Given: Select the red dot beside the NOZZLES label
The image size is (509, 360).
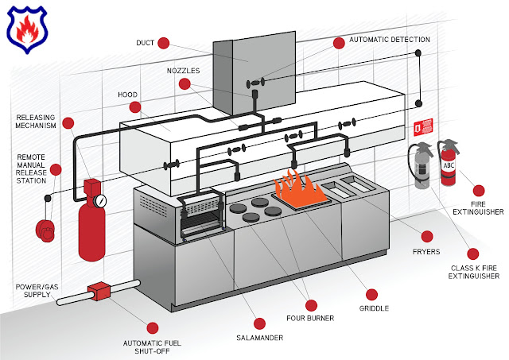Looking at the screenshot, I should click(185, 83).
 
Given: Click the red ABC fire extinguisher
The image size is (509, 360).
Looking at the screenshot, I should click(450, 162).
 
